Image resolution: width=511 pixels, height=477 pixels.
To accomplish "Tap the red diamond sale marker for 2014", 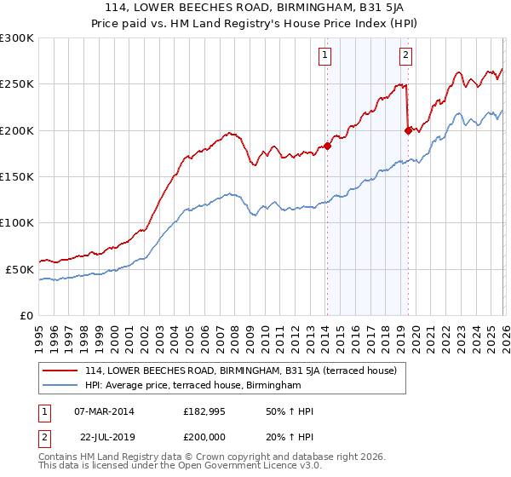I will pyautogui.click(x=327, y=146).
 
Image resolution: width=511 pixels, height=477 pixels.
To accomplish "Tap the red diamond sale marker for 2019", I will pyautogui.click(x=408, y=130).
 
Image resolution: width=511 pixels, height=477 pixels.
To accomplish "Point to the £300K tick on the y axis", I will pyautogui.click(x=17, y=38).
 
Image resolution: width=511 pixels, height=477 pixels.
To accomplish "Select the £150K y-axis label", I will pyautogui.click(x=17, y=176).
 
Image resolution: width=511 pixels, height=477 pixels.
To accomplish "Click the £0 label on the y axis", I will pyautogui.click(x=25, y=315).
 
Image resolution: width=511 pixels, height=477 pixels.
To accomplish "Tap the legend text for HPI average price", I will pyautogui.click(x=193, y=386).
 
